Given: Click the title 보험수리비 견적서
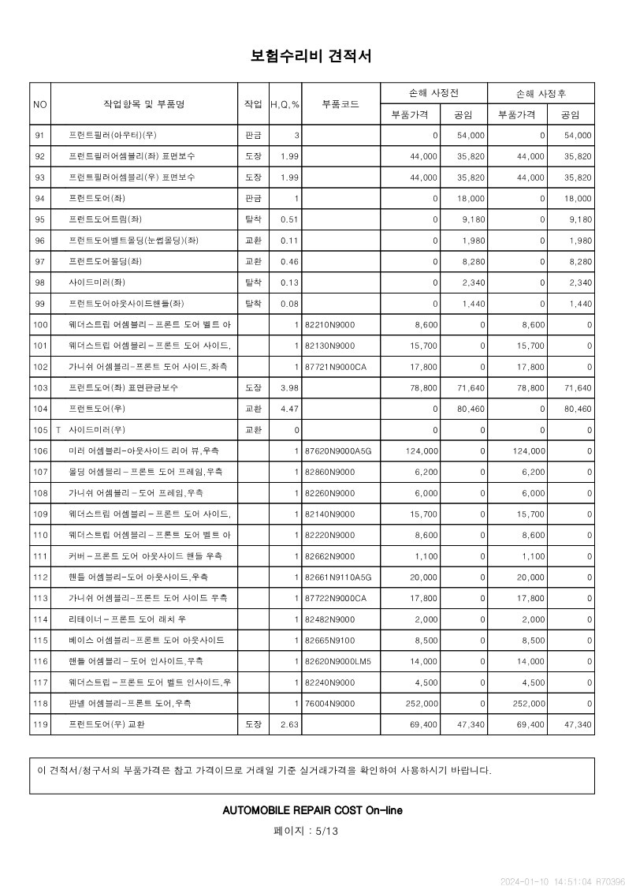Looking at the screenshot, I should pos(311,56).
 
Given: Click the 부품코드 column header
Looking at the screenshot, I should pos(340,104).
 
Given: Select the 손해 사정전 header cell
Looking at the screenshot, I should pos(433,93).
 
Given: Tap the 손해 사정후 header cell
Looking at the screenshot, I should pos(541,93).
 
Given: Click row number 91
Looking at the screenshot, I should pos(40,136).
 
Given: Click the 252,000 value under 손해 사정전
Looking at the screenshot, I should pos(422,704).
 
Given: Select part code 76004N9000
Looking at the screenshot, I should pos(329,704).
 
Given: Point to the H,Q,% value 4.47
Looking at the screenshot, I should pos(289,409).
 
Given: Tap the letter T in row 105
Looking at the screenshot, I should pos(58,430).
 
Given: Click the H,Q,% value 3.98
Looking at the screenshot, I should pos(289,388).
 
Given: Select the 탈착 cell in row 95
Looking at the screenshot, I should pos(253,219).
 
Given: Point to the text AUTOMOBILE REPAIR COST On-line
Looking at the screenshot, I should pos(312,810).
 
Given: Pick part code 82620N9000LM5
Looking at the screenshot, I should pos(337,661).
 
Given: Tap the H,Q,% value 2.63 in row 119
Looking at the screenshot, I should pos(289,724).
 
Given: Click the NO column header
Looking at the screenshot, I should pos(40,104).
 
